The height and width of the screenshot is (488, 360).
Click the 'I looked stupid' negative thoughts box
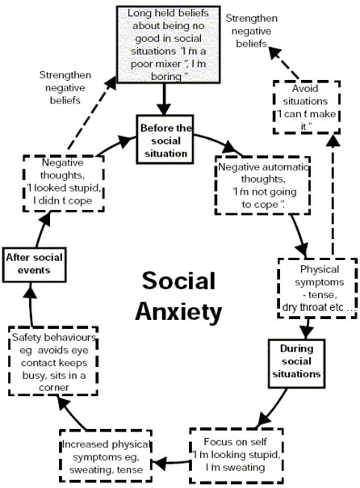pos(61,183)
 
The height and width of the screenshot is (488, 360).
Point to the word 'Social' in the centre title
pos(178,282)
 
